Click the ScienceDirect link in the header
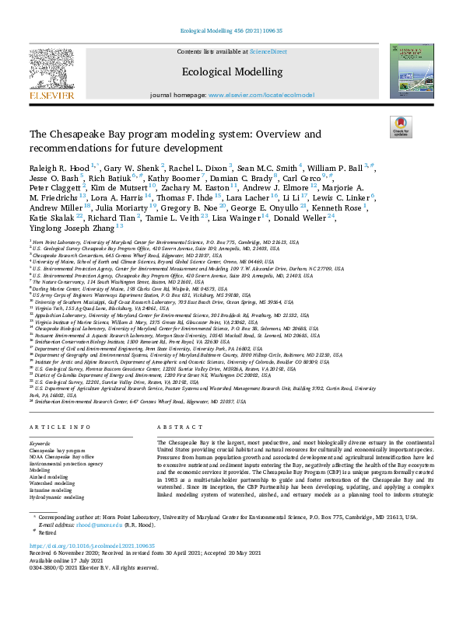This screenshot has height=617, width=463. [x=268, y=51]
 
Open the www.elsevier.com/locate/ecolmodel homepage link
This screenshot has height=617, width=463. [x=261, y=94]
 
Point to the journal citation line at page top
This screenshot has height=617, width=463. [x=231, y=30]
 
